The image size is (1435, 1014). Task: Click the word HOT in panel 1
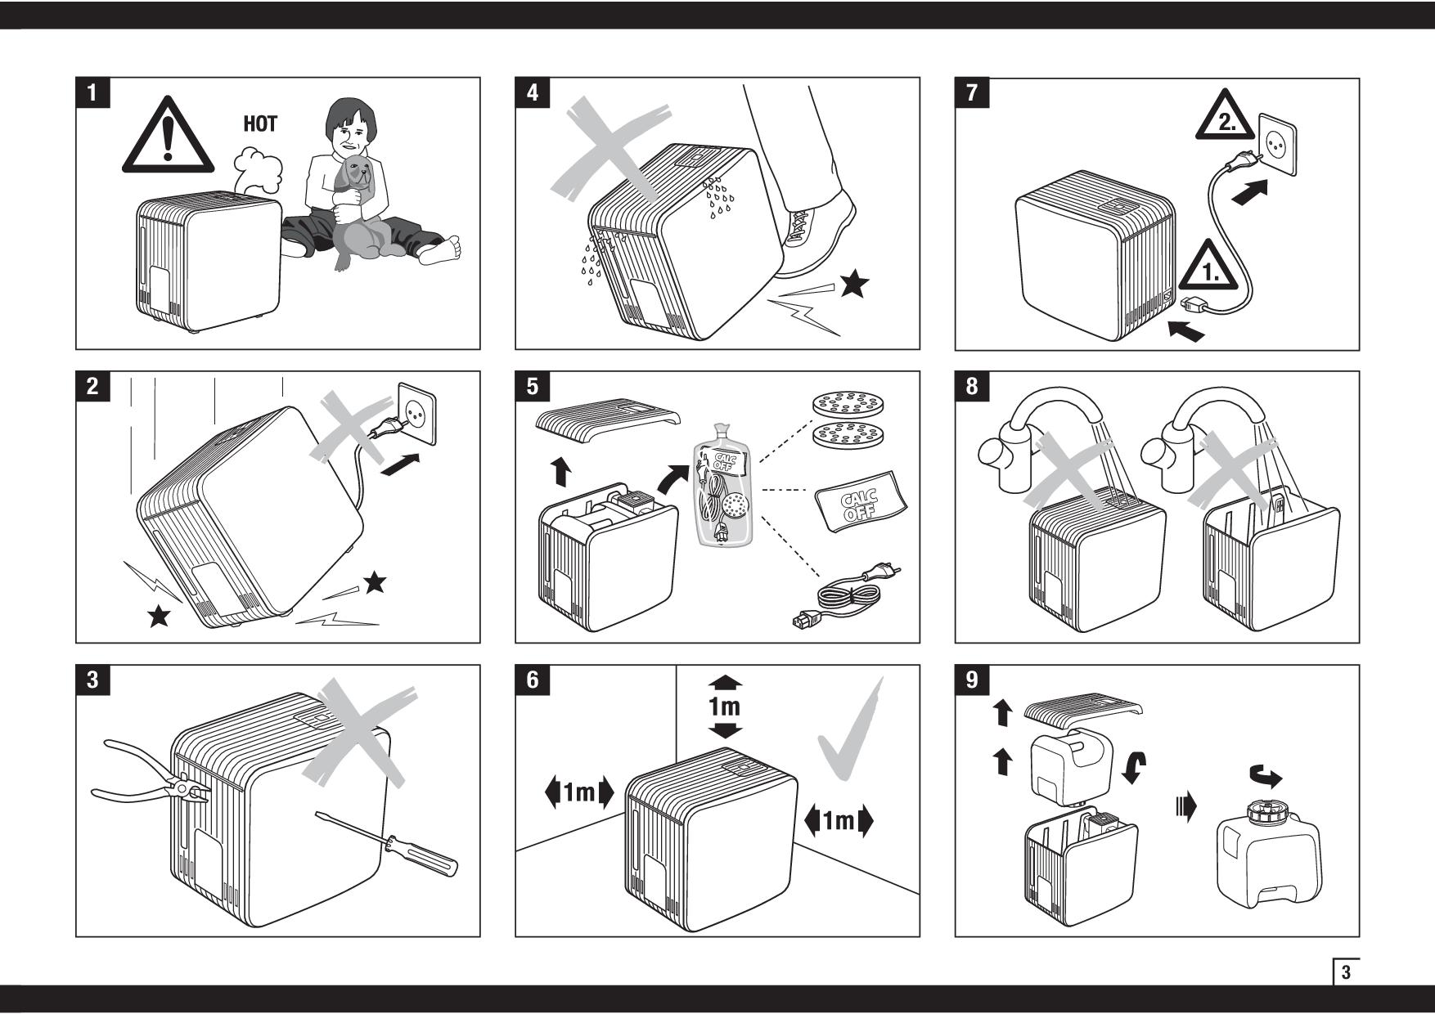(x=260, y=124)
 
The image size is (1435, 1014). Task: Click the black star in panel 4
(x=855, y=284)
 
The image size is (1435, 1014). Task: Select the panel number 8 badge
(x=972, y=386)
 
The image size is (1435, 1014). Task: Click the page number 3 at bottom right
(x=1346, y=973)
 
